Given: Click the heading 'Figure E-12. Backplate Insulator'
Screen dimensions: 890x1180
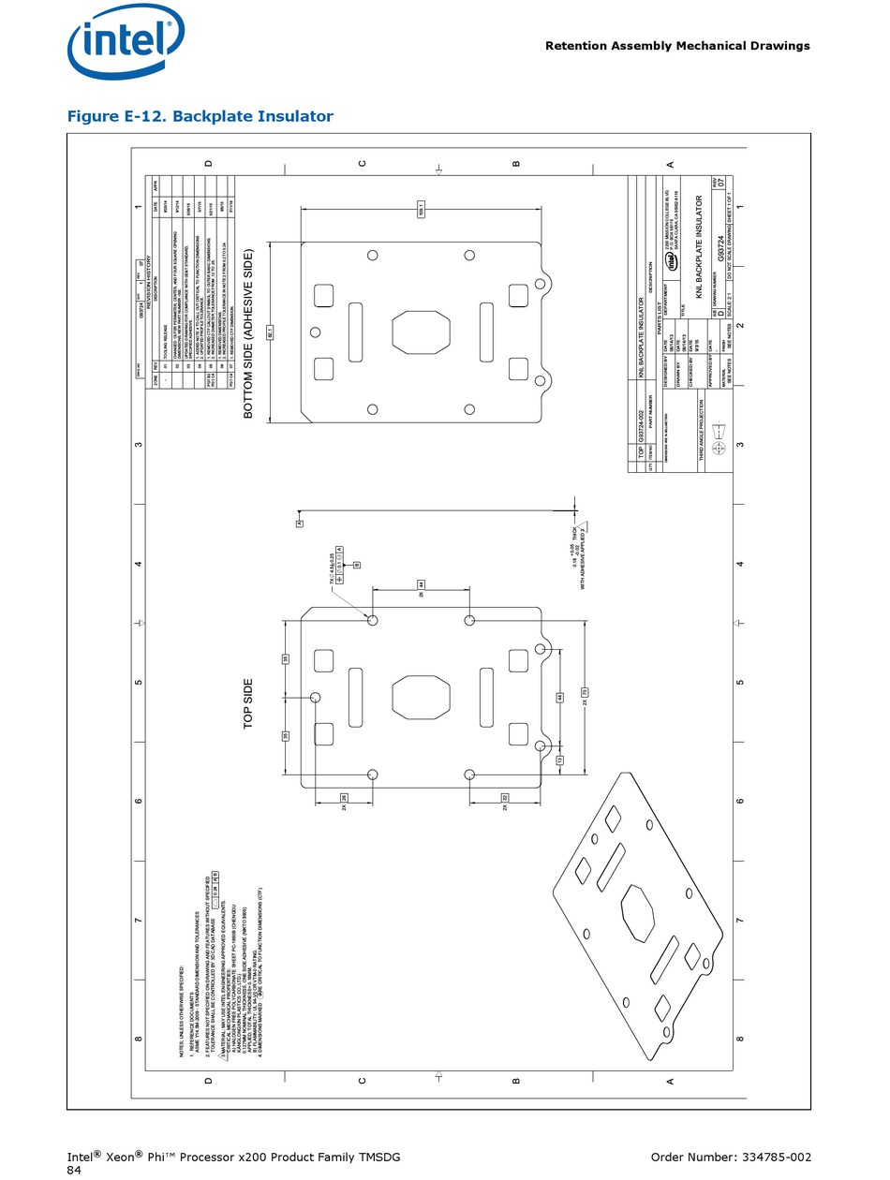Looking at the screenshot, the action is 200,116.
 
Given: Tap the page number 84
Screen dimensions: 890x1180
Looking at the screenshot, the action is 75,1171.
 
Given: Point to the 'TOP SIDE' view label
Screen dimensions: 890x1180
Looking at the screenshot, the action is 249,704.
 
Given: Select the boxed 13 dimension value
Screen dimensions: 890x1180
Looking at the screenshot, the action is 560,760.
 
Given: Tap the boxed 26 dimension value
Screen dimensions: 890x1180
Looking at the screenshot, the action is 344,798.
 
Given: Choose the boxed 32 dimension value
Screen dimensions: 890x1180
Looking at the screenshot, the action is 504,798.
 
